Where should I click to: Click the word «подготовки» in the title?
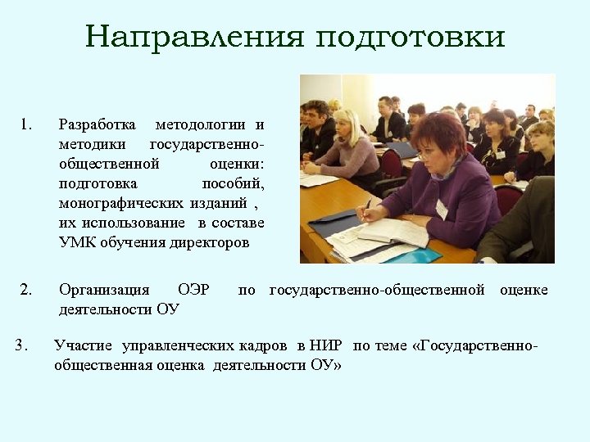[411, 38]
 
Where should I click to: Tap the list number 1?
[25, 124]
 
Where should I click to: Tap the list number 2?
[25, 289]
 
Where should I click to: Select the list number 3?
[22, 344]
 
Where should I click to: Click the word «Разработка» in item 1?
[98, 124]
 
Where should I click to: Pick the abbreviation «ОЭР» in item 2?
[193, 290]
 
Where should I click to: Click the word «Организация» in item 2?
[104, 290]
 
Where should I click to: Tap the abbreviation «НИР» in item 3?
[326, 345]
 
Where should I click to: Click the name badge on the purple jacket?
[442, 208]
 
